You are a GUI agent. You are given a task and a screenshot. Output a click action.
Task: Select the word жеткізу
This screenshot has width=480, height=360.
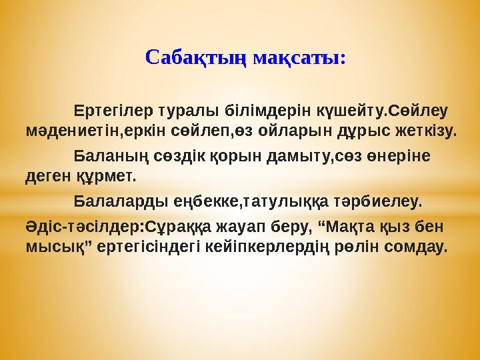(421, 129)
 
